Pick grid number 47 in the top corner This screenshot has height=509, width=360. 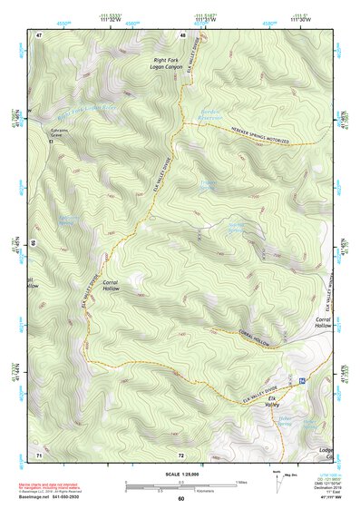pyautogui.click(x=39, y=34)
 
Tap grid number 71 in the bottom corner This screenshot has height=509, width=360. pyautogui.click(x=39, y=454)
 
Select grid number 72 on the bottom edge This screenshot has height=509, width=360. pyautogui.click(x=181, y=454)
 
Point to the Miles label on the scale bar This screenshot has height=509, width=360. pyautogui.click(x=239, y=480)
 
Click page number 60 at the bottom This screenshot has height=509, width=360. pyautogui.click(x=180, y=499)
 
